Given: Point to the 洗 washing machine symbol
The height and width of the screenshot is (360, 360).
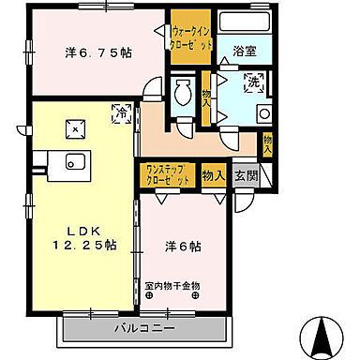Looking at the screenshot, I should click(x=252, y=84).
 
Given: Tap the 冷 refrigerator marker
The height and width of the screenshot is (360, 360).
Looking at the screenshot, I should click(x=120, y=112).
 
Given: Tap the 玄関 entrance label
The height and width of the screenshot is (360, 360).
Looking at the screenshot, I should click(x=245, y=174).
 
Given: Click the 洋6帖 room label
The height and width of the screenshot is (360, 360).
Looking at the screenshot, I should click(x=185, y=246).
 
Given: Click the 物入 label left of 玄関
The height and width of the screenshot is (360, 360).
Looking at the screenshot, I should click(x=214, y=174).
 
